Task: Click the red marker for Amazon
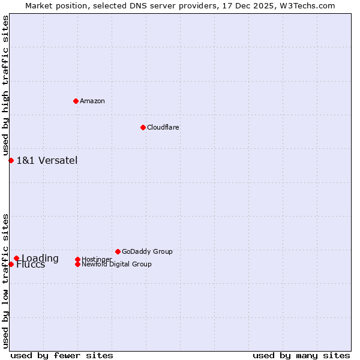[76, 101]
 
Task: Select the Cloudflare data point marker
[143, 127]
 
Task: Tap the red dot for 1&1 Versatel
[11, 160]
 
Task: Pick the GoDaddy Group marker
[118, 251]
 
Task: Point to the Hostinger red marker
[77, 259]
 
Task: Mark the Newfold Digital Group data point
[77, 264]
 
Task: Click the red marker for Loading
[16, 259]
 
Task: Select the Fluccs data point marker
[11, 264]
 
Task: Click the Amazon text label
[92, 101]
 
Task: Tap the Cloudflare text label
[163, 127]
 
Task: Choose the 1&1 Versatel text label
[47, 160]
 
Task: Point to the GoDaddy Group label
[147, 251]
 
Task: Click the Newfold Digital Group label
[116, 264]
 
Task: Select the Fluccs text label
[31, 265]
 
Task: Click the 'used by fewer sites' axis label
[62, 355]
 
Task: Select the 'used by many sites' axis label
[301, 355]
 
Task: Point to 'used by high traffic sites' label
[5, 86]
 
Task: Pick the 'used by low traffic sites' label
[5, 281]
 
